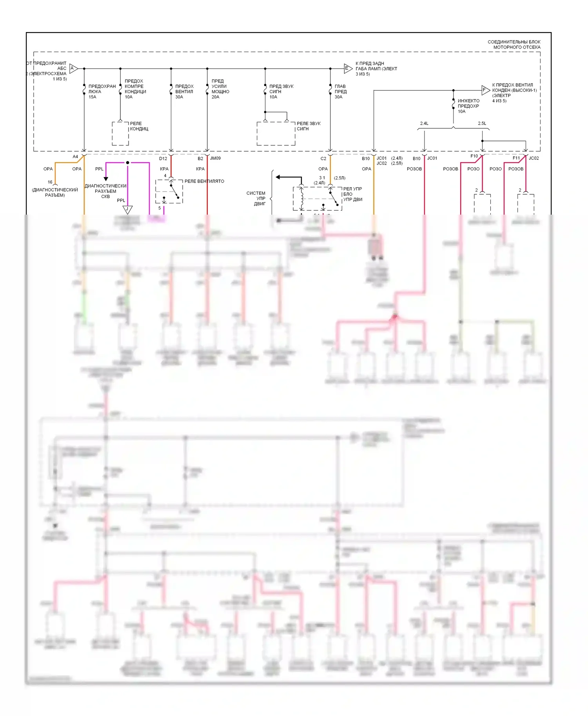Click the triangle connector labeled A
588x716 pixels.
pyautogui.click(x=73, y=69)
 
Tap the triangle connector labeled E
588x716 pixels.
pyautogui.click(x=347, y=69)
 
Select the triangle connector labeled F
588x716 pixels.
pyautogui.click(x=485, y=90)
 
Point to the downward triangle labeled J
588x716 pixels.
pyautogui.click(x=127, y=210)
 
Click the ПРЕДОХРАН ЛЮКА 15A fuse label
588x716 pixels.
pyautogui.click(x=102, y=92)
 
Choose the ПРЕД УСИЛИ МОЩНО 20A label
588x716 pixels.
pyautogui.click(x=220, y=89)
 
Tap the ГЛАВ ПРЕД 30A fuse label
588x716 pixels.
pyautogui.click(x=340, y=92)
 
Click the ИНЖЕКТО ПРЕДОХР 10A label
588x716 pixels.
pyautogui.click(x=468, y=106)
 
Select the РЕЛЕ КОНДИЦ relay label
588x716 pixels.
pyautogui.click(x=139, y=126)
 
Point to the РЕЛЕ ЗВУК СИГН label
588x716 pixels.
pyautogui.click(x=309, y=126)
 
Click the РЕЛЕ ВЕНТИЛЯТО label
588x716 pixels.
pyautogui.click(x=204, y=181)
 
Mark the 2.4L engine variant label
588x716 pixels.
pyautogui.click(x=424, y=123)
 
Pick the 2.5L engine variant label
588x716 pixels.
pyautogui.click(x=482, y=123)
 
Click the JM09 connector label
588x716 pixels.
pyautogui.click(x=215, y=158)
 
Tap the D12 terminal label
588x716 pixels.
pyautogui.click(x=163, y=159)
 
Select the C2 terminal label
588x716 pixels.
pyautogui.click(x=323, y=159)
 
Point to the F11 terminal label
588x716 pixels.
pyautogui.click(x=516, y=158)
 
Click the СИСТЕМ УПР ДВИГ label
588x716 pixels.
pyautogui.click(x=256, y=198)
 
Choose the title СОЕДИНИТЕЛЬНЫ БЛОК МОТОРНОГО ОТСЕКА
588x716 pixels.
pyautogui.click(x=514, y=44)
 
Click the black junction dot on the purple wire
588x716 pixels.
pyautogui.click(x=127, y=163)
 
